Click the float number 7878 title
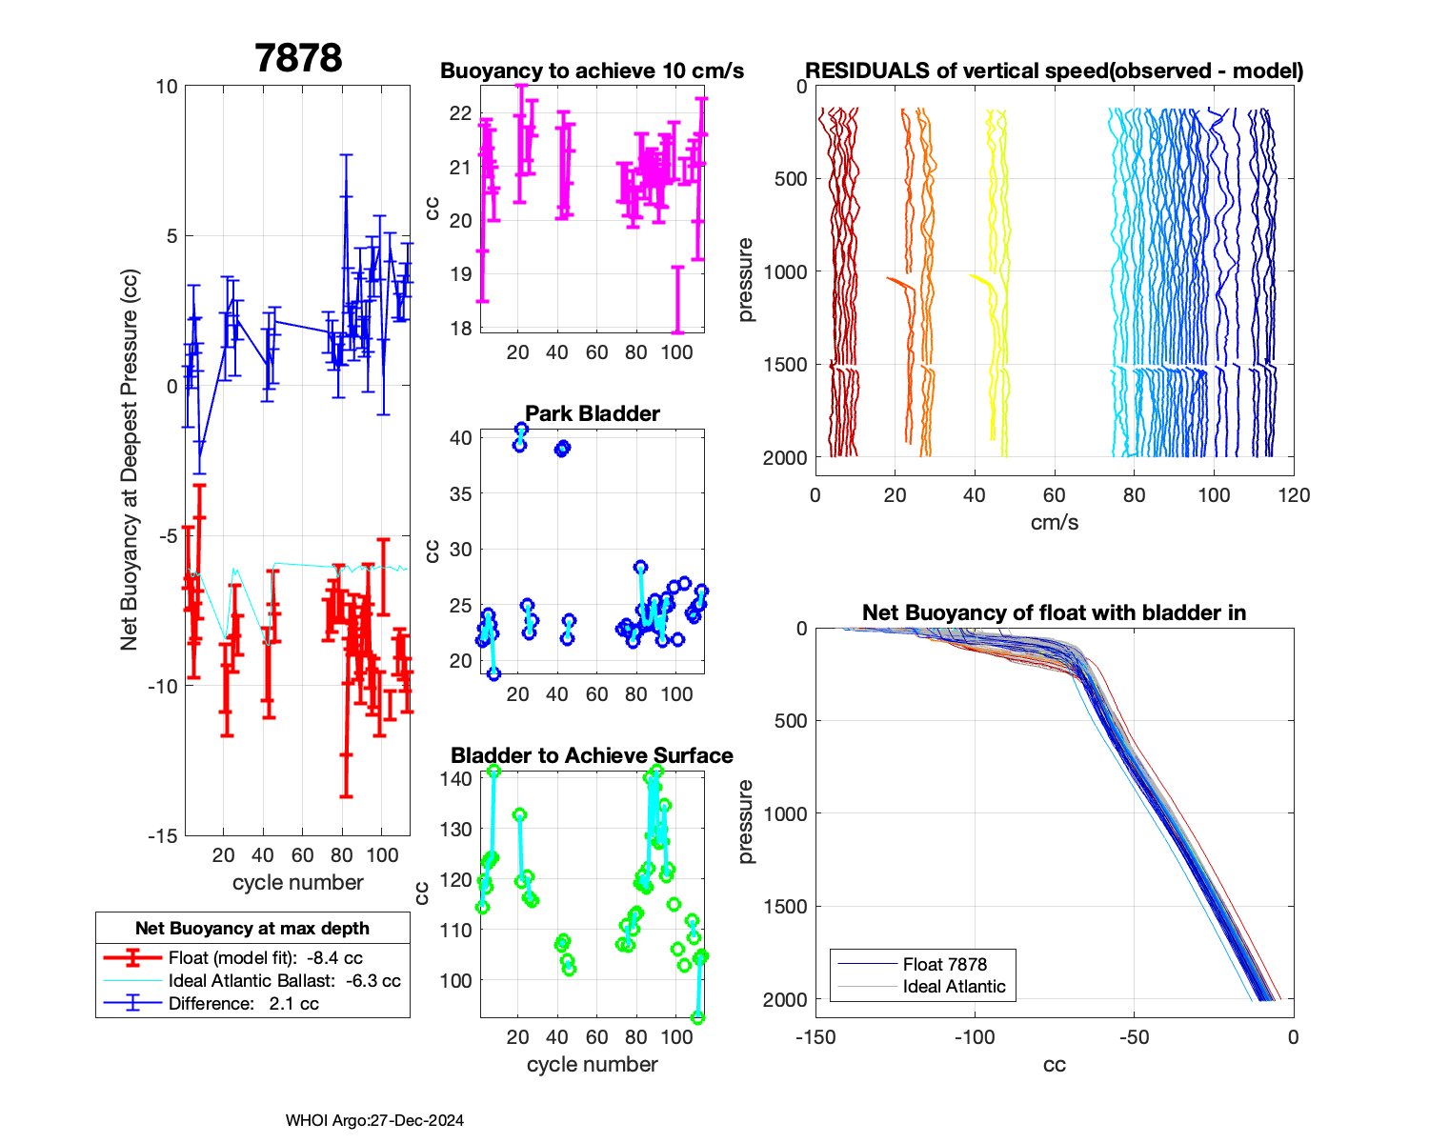[x=298, y=58]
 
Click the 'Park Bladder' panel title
[x=593, y=413]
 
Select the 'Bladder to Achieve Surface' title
[x=592, y=755]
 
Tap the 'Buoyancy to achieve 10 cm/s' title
[x=592, y=70]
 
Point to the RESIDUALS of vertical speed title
[x=1054, y=70]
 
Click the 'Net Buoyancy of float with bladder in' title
[x=1054, y=612]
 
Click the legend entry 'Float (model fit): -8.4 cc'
[x=265, y=958]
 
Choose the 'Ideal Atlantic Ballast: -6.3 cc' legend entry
[x=284, y=981]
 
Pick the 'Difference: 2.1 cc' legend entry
[x=243, y=1004]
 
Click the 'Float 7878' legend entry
[x=944, y=964]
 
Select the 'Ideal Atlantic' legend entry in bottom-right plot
[x=954, y=987]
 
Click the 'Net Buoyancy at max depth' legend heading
[x=252, y=928]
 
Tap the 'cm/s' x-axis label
[x=1054, y=522]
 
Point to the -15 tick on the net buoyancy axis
[x=163, y=835]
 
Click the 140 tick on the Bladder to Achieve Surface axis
[x=456, y=778]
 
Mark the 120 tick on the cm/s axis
[x=1294, y=495]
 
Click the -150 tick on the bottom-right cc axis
[x=815, y=1037]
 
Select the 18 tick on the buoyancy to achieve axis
[x=460, y=329]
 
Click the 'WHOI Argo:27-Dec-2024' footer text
[x=374, y=1120]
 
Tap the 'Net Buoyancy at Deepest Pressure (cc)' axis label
[x=130, y=461]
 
